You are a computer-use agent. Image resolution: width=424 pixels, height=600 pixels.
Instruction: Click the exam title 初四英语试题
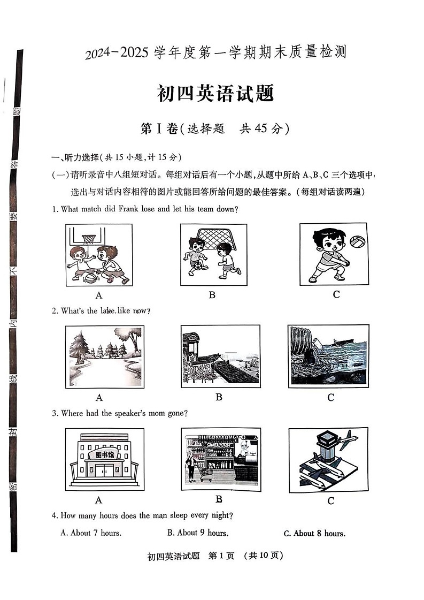pos(215,93)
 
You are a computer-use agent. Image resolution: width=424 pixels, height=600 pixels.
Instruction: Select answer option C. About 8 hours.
pos(314,533)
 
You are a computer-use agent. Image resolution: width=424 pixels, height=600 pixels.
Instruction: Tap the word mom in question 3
pos(145,413)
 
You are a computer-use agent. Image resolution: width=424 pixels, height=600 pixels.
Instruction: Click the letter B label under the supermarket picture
pos(219,499)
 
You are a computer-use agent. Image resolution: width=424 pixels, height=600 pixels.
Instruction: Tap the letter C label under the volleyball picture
pos(336,294)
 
